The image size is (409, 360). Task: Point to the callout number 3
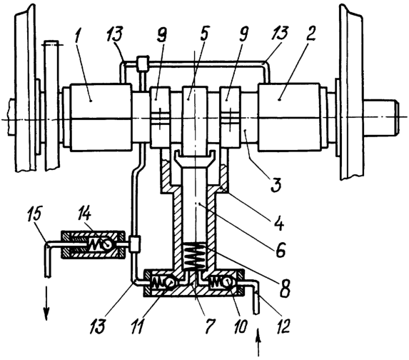coord(276,184)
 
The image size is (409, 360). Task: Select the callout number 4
coord(279,221)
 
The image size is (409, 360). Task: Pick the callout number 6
coord(280,249)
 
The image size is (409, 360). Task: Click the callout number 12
coord(282,324)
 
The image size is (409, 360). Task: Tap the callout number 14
coord(84,216)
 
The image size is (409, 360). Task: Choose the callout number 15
coord(35,216)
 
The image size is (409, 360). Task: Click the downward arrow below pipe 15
coord(46,303)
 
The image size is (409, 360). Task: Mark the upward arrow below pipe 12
coord(258,342)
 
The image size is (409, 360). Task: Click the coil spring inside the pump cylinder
coord(194,256)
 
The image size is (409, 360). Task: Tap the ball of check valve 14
coord(106,244)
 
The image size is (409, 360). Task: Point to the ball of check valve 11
coord(169,282)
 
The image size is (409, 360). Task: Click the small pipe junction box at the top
coord(143,63)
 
